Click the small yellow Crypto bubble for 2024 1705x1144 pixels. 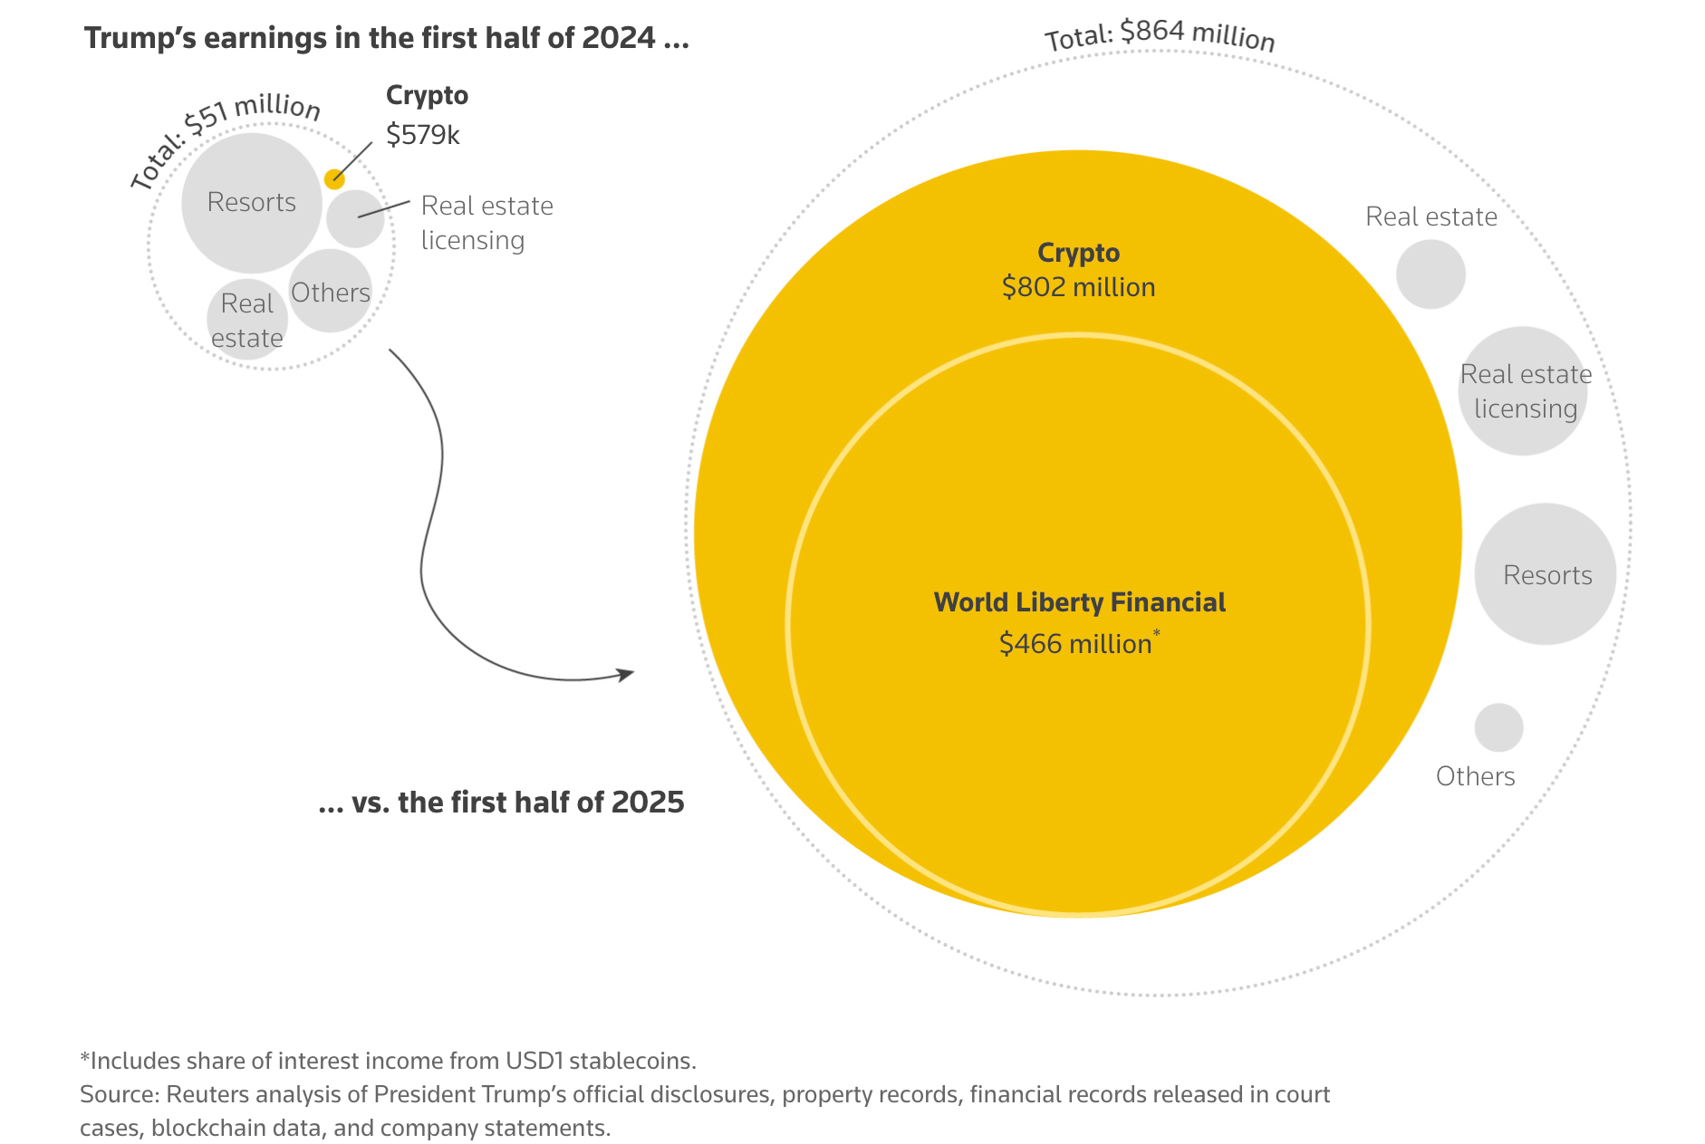(334, 178)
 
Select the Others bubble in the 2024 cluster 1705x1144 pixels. (331, 292)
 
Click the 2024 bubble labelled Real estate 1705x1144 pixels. (247, 320)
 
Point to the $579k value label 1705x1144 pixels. (422, 135)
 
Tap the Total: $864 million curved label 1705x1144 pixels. (1160, 34)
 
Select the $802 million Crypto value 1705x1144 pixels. (1078, 287)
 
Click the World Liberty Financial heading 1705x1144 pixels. (1079, 602)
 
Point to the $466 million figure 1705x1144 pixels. (1075, 644)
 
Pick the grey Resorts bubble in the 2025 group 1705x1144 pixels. (1546, 574)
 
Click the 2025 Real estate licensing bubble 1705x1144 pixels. (1524, 391)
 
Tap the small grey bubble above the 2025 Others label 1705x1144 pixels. (1498, 727)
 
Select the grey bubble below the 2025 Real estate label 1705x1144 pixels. (1430, 274)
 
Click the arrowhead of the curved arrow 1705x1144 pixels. (626, 674)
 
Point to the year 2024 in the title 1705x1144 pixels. (619, 38)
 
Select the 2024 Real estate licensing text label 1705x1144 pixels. (486, 223)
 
